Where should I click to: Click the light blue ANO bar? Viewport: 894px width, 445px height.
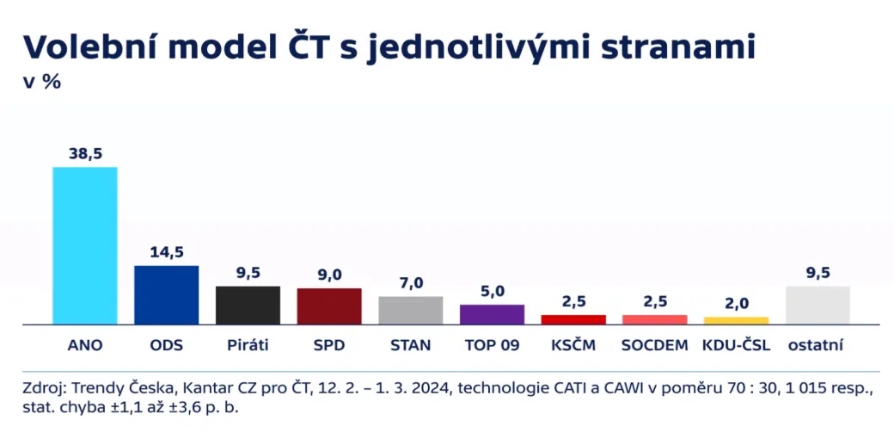[x=85, y=245]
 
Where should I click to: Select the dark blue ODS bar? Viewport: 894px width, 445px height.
[x=166, y=294]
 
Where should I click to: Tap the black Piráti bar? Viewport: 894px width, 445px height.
[x=248, y=305]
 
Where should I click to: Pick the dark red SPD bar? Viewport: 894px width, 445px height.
[x=329, y=306]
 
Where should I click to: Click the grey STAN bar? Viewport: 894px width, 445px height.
[x=411, y=310]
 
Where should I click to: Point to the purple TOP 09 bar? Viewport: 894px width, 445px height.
[x=492, y=314]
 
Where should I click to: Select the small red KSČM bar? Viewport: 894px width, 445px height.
[x=573, y=319]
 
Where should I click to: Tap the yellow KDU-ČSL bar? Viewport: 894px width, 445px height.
[x=736, y=320]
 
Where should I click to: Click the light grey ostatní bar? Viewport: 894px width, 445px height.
[x=817, y=305]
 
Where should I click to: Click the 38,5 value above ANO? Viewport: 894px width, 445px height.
[x=85, y=153]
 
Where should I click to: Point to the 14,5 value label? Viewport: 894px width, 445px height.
[x=166, y=252]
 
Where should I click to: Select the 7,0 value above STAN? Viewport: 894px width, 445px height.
[x=411, y=283]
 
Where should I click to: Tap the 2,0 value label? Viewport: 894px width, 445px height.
[x=736, y=303]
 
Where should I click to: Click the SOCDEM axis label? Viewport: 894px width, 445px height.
[x=654, y=346]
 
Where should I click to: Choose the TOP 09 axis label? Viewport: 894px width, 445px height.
[x=492, y=346]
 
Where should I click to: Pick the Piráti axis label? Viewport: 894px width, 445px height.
[x=248, y=346]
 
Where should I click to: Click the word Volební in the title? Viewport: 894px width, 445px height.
[x=88, y=46]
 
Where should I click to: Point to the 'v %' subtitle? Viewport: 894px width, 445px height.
[x=41, y=83]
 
